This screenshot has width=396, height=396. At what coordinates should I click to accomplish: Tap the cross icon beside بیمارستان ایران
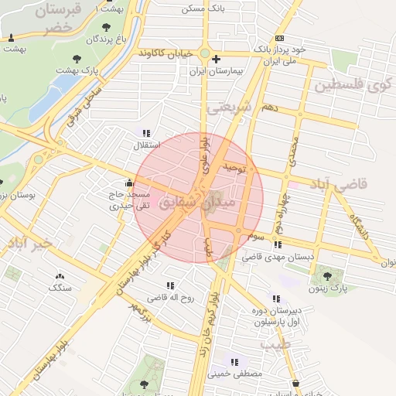pyautogui.click(x=216, y=59)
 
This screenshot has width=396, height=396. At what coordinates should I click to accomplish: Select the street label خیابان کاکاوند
pyautogui.click(x=164, y=53)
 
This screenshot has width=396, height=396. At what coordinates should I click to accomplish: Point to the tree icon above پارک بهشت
pyautogui.click(x=77, y=59)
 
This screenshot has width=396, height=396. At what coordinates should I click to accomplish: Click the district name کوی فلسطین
pyautogui.click(x=352, y=84)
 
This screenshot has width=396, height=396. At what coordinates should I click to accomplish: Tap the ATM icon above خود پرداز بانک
pyautogui.click(x=278, y=38)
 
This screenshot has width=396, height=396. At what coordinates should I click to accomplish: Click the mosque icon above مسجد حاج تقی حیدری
pyautogui.click(x=128, y=183)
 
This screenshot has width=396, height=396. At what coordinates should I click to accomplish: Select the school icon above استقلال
pyautogui.click(x=146, y=133)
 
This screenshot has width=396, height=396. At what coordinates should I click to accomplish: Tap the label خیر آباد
pyautogui.click(x=31, y=244)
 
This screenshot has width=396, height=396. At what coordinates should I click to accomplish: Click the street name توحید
pyautogui.click(x=234, y=166)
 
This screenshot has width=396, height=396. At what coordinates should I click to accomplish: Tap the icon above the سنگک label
pyautogui.click(x=60, y=276)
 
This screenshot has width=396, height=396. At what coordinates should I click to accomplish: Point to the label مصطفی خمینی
pyautogui.click(x=235, y=374)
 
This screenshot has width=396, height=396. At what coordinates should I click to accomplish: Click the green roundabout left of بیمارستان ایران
pyautogui.click(x=204, y=54)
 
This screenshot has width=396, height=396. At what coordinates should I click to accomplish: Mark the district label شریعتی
pyautogui.click(x=230, y=108)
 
